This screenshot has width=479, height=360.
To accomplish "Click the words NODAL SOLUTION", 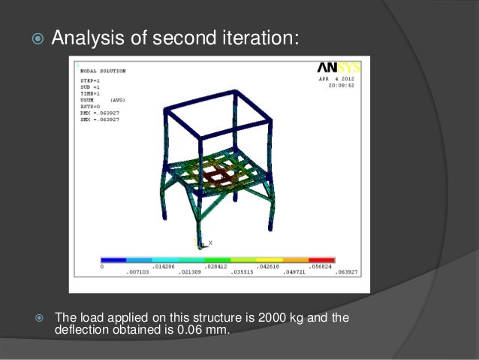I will point(103,71).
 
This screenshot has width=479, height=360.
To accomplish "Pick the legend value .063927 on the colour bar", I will point(346,272).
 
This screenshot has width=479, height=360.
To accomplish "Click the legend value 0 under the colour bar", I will point(102,266).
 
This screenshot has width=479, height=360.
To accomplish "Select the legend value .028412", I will point(216,266).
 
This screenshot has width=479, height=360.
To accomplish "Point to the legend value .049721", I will point(296,272).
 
